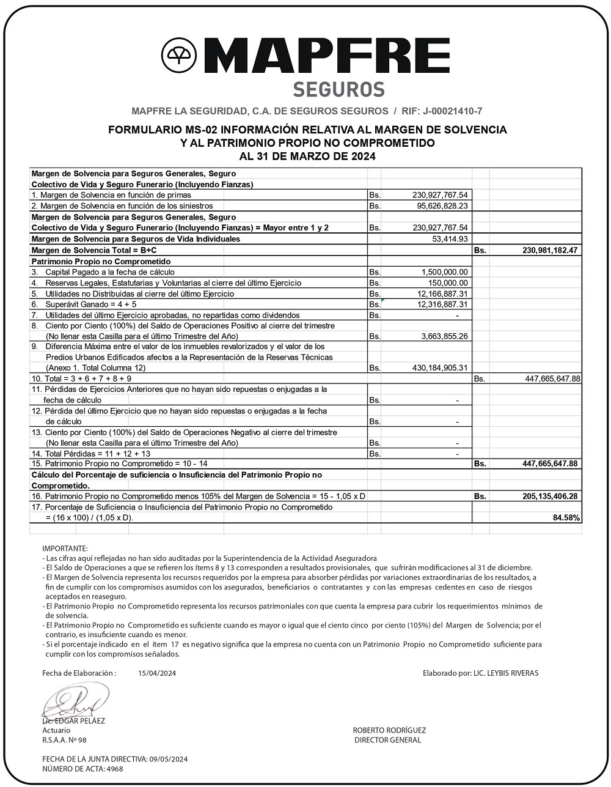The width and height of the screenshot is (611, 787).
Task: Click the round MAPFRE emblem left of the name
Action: tap(179, 56)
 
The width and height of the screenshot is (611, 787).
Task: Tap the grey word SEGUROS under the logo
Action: tap(338, 89)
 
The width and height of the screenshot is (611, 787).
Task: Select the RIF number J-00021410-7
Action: tap(452, 111)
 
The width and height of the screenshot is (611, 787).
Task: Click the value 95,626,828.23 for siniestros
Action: tap(437, 206)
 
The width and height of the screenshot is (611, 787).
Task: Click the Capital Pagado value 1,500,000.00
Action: tap(445, 272)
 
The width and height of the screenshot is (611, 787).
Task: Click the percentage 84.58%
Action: tap(566, 518)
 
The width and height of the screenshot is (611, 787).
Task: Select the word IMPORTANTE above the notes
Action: tap(65, 549)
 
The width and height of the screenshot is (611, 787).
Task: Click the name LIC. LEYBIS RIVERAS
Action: tap(506, 673)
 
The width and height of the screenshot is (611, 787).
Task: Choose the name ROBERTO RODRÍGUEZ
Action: tap(389, 730)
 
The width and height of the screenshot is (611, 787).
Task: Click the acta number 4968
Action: tap(114, 769)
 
